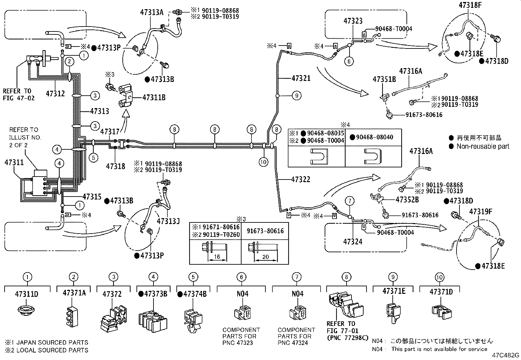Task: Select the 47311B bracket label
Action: coord(154,97)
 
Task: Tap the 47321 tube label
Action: coord(301,78)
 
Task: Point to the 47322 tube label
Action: coord(300,180)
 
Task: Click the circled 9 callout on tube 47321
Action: coord(296,96)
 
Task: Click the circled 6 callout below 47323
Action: coord(349,61)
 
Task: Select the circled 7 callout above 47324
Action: coord(350,201)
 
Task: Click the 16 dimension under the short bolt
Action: coord(217,257)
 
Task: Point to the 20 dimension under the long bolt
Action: coord(265,257)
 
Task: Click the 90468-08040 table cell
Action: coord(374,137)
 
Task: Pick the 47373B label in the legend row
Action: coord(153,294)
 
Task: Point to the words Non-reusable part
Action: coord(483,146)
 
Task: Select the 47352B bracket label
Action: coord(407,199)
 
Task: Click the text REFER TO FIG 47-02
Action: coord(18,94)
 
